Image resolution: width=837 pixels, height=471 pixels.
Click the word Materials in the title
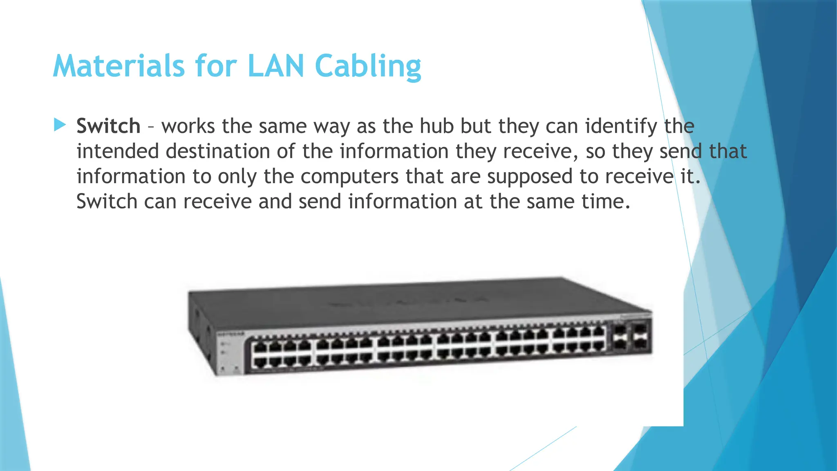point(119,66)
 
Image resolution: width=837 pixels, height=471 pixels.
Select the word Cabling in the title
point(368,66)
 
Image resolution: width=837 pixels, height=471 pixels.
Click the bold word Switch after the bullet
point(108,126)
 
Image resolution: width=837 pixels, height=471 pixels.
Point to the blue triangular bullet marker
point(60,125)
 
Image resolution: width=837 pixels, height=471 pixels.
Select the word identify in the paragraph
point(621,126)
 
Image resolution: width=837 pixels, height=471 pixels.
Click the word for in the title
point(216,66)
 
